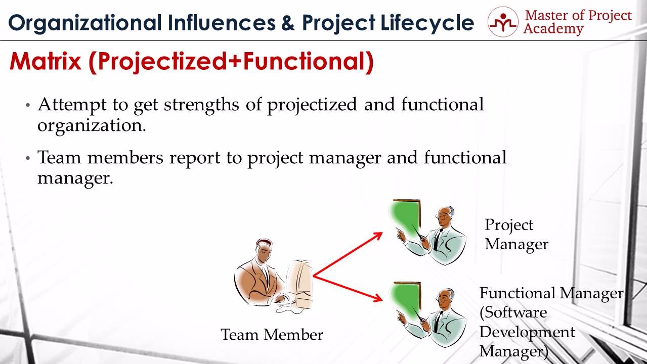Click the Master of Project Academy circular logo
coord(503,22)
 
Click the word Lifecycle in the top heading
coord(427,23)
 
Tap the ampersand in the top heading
coord(287,23)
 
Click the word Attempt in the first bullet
coord(72,105)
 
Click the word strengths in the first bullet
coord(201,105)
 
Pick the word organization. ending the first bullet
coord(92,126)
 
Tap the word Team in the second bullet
coord(59,157)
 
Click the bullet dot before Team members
coord(28,158)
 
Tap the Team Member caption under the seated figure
coord(272,335)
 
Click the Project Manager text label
coord(516,235)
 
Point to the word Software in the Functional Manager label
coord(513,313)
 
